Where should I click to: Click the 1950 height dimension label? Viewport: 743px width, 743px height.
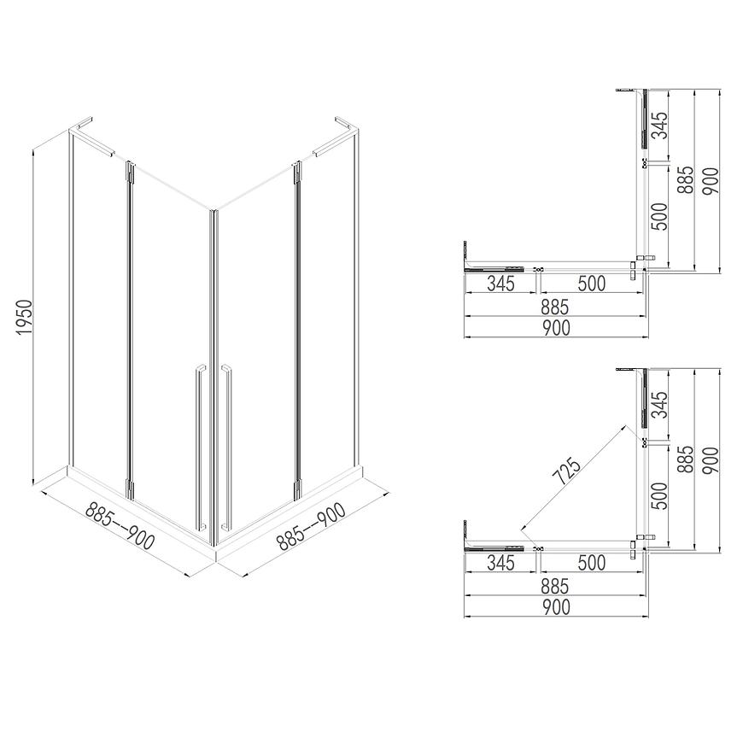point(24,317)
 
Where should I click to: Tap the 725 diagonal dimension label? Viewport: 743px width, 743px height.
point(569,471)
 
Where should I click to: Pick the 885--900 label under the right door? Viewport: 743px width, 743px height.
point(311,526)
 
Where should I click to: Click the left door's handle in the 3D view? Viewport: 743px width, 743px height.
point(201,447)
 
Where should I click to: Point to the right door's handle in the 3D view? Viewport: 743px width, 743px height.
point(226,447)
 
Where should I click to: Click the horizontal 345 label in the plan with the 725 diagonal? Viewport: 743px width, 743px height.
point(500,563)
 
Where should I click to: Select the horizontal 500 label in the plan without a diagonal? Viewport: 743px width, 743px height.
point(592,284)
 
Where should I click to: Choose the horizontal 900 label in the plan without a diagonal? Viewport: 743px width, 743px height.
point(556,328)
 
